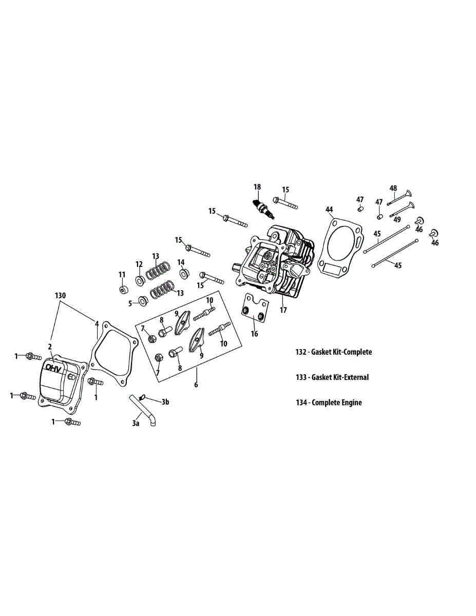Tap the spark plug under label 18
(x=263, y=209)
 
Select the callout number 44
(x=329, y=209)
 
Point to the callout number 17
(x=283, y=310)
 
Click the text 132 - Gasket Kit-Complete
(x=334, y=352)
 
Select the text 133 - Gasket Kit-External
(x=332, y=377)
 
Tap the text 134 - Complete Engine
(x=329, y=402)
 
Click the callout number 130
(x=60, y=296)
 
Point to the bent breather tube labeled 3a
(x=143, y=410)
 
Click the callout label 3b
(x=165, y=402)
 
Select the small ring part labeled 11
(x=123, y=290)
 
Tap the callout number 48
(x=393, y=188)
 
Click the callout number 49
(x=397, y=219)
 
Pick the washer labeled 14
(x=184, y=274)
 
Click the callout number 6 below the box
(x=196, y=384)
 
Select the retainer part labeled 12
(x=140, y=281)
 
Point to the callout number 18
(x=257, y=187)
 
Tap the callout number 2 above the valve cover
(x=50, y=346)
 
